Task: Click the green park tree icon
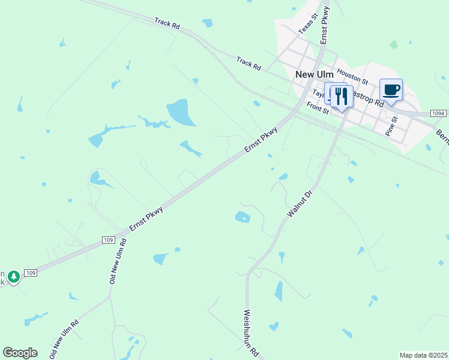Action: (x=13, y=277)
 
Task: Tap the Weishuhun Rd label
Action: (x=251, y=332)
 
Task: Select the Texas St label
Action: (x=306, y=25)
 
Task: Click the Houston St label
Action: (x=352, y=76)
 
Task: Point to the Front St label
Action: (x=318, y=109)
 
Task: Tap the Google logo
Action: (x=20, y=353)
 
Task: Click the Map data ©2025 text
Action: (x=423, y=355)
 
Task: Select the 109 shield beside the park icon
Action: (x=32, y=273)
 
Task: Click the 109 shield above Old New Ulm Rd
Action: (x=108, y=240)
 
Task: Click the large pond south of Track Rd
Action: (x=181, y=112)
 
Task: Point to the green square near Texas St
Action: (x=393, y=44)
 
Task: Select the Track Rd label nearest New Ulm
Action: (x=249, y=63)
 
